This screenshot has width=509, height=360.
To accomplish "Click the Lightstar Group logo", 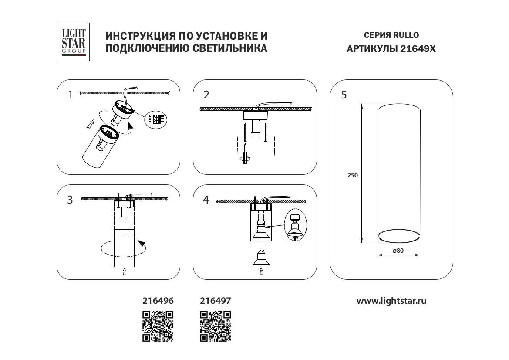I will click(x=73, y=42).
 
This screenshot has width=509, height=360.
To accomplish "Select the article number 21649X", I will click(x=418, y=49).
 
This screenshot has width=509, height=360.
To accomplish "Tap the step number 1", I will click(x=70, y=95).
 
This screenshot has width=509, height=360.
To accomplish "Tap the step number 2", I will click(x=206, y=95).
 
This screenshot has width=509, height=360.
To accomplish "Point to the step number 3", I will click(x=70, y=200).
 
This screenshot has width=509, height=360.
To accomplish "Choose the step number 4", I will click(x=206, y=200).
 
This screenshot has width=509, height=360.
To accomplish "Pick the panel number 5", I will click(x=344, y=95).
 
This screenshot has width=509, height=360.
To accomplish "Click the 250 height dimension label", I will click(x=353, y=175).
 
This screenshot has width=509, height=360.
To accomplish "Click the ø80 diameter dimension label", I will click(x=398, y=251).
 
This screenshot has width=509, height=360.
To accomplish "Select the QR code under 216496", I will click(x=158, y=326).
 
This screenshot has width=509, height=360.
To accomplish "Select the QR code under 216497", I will click(x=215, y=326).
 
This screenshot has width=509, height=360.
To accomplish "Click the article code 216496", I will click(x=158, y=301).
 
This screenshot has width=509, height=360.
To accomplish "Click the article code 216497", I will click(x=215, y=301).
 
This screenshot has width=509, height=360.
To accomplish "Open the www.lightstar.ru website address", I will click(x=391, y=301).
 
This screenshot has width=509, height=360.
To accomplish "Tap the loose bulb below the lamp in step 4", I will click(x=261, y=258).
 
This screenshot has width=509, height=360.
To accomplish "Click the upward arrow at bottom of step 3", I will click(x=125, y=272).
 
